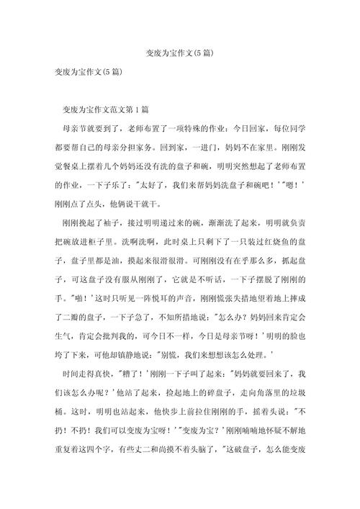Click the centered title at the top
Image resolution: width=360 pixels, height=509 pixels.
tap(179, 53)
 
